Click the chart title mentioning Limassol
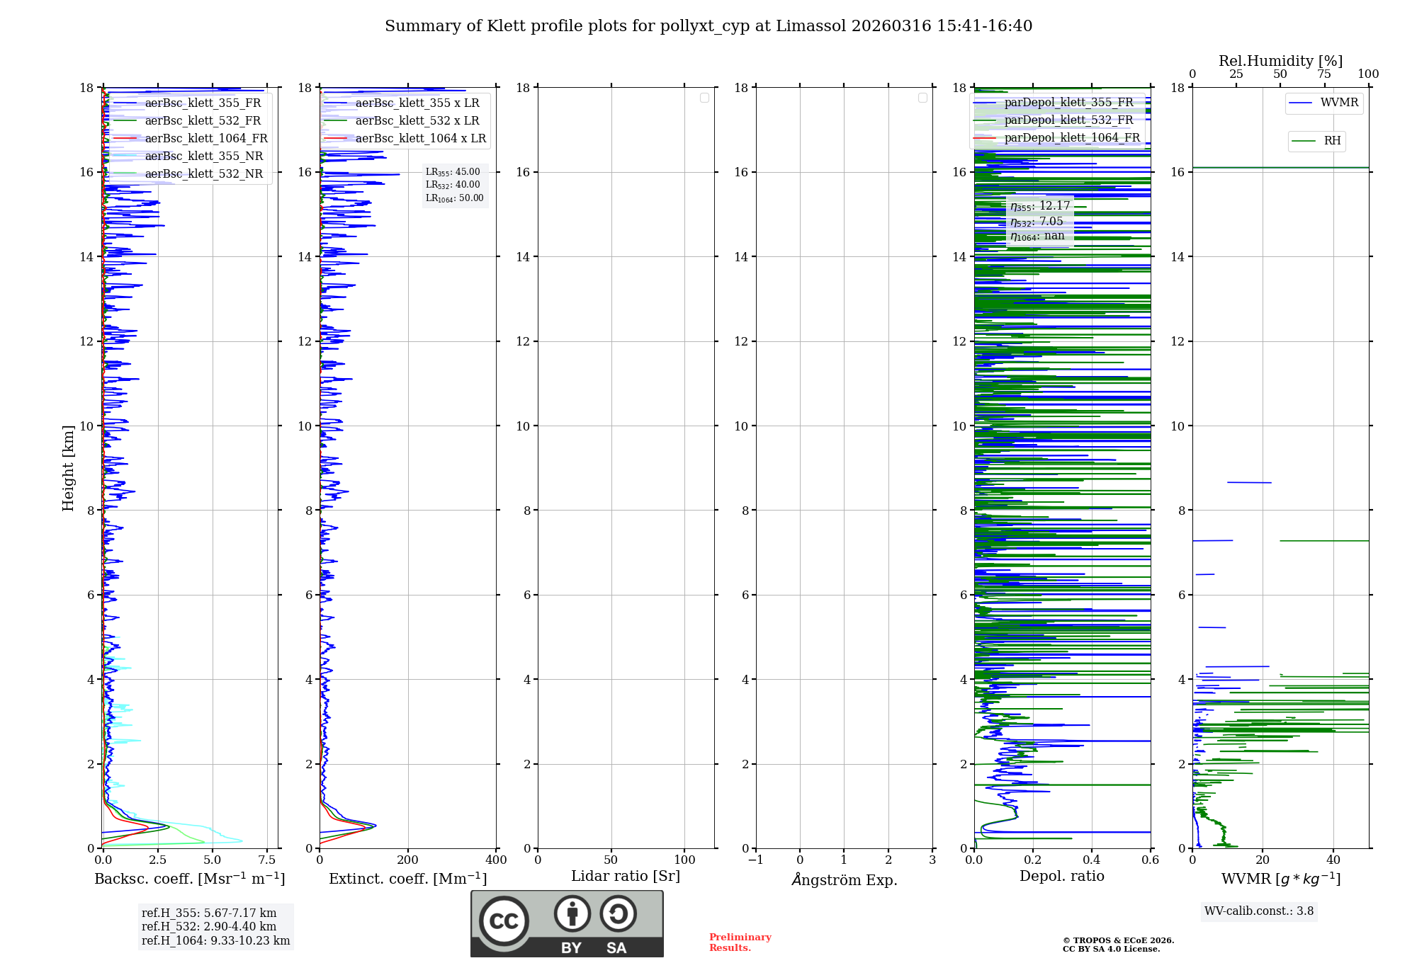point(708,26)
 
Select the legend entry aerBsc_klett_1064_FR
point(205,139)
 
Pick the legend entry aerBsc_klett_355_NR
point(203,156)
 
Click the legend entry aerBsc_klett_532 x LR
point(417,121)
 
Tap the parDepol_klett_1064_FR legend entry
point(1071,138)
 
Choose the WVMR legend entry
point(1338,103)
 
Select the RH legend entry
point(1332,141)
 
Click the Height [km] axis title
point(68,468)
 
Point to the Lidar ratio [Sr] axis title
point(626,877)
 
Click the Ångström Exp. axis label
point(845,880)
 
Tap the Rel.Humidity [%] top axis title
point(1280,61)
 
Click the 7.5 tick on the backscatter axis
point(267,860)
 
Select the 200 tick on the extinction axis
point(408,860)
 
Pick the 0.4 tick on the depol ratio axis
point(1092,860)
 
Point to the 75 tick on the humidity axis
point(1323,74)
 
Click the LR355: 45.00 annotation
point(453,172)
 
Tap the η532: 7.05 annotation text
point(1037,222)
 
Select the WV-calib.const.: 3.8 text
point(1259,911)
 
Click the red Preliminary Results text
point(740,942)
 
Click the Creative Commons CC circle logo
point(504,921)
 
